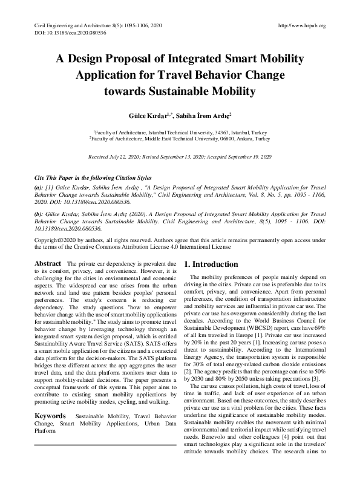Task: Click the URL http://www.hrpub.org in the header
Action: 301,25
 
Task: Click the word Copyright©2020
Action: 53,241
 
